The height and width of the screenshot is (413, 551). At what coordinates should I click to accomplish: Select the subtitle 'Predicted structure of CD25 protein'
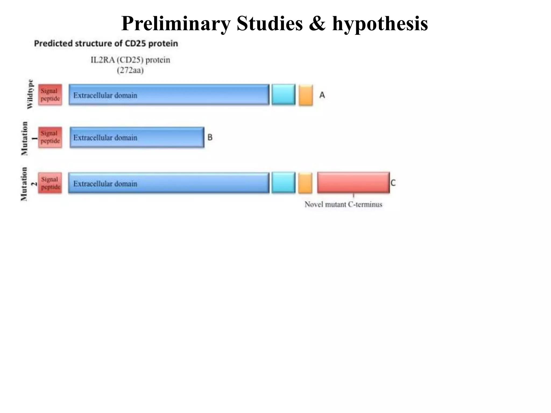click(x=106, y=44)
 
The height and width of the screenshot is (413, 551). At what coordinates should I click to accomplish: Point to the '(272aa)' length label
click(x=130, y=70)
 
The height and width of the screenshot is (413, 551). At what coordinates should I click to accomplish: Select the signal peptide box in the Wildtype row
click(x=50, y=95)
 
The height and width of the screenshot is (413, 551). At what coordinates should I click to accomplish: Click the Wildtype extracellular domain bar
click(x=169, y=95)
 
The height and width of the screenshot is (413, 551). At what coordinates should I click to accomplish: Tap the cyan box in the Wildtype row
click(x=283, y=95)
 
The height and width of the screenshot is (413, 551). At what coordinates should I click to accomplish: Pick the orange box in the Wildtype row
click(x=306, y=95)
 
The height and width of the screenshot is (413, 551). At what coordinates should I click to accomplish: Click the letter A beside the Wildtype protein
click(x=322, y=95)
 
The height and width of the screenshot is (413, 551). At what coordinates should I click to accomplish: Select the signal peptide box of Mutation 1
click(x=50, y=137)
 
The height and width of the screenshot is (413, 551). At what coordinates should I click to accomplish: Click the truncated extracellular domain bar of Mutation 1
click(x=137, y=137)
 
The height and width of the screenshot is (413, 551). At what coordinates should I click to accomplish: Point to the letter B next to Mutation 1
click(x=210, y=137)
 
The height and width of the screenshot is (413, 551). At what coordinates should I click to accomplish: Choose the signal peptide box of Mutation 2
click(x=50, y=183)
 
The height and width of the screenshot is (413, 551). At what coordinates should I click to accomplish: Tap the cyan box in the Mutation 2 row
click(x=283, y=183)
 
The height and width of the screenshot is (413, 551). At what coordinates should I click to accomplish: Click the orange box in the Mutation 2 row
click(x=305, y=183)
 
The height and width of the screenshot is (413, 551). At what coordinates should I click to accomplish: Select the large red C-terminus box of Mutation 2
click(x=353, y=183)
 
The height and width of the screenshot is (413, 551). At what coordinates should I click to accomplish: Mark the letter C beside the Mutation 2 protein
click(x=393, y=183)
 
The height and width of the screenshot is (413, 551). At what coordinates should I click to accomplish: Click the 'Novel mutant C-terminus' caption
click(x=343, y=205)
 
